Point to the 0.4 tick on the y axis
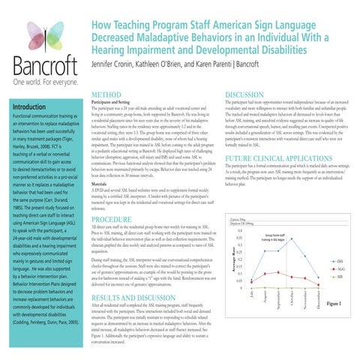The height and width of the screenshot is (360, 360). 238,231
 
